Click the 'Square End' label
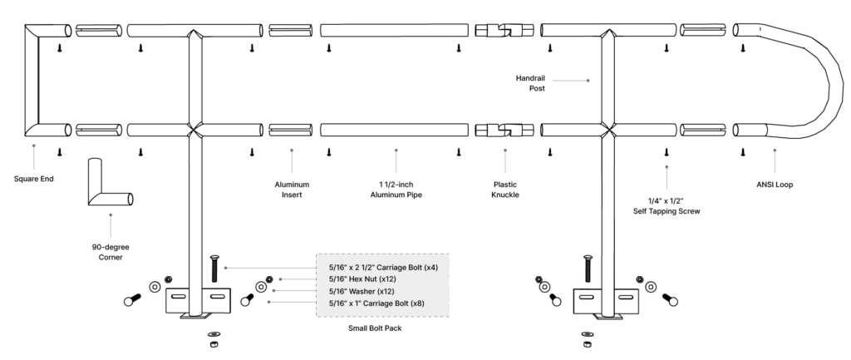34,178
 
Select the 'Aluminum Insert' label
292,189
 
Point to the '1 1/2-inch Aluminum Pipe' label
396,189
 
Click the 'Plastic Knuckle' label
504,189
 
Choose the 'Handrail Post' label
530,82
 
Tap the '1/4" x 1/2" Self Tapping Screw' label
666,206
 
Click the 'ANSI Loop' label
775,184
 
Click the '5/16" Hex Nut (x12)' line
357,279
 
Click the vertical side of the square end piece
31,80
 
